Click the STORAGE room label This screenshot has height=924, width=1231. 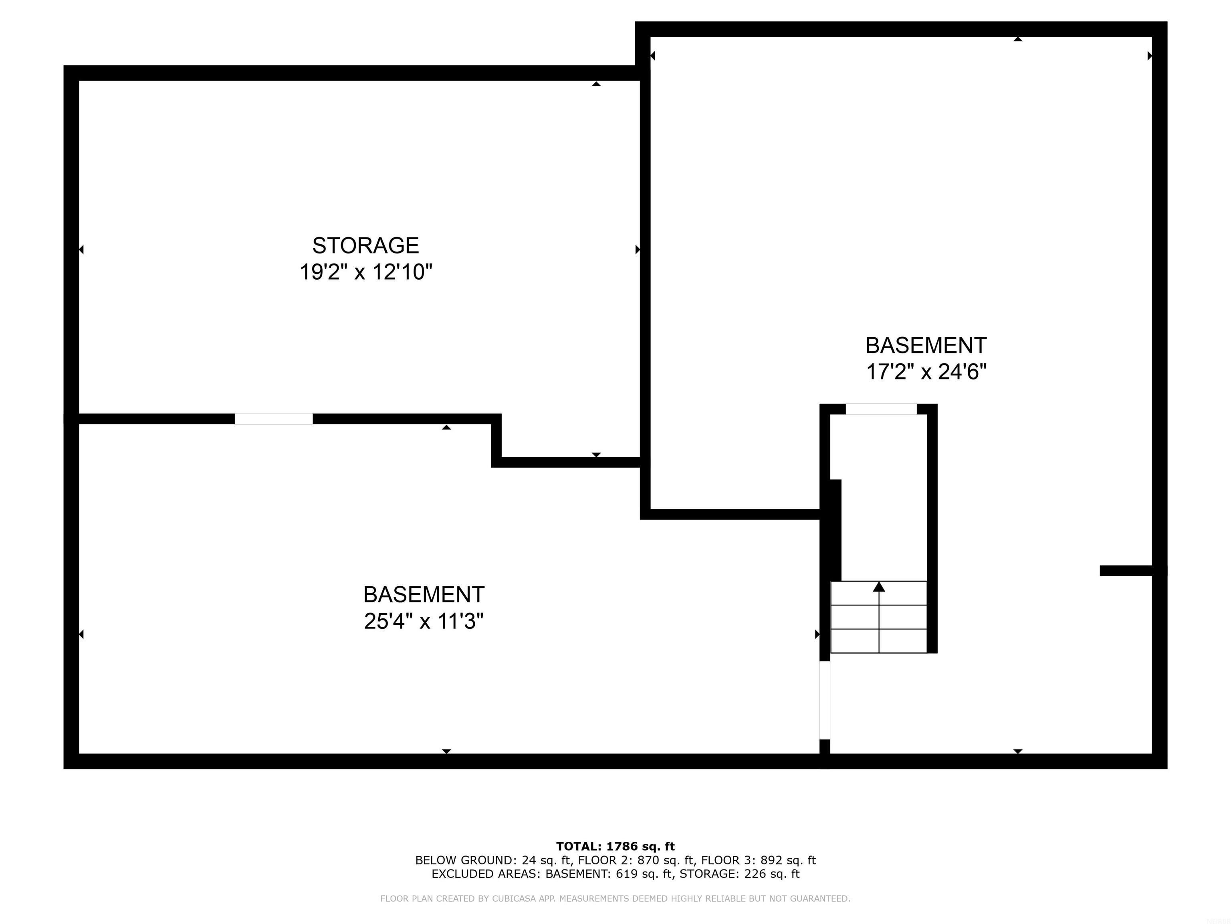(x=365, y=245)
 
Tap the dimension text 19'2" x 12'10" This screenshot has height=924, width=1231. (x=365, y=272)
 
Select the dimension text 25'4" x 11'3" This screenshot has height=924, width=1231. (x=424, y=621)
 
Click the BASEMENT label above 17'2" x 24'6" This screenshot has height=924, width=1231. (x=926, y=345)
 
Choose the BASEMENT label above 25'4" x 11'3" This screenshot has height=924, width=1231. (x=424, y=594)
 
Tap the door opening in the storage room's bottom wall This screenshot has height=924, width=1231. (x=273, y=419)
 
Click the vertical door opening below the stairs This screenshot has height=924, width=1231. (x=825, y=700)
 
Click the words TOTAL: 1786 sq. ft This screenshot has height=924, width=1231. (x=615, y=847)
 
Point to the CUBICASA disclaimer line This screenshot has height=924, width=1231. (x=615, y=898)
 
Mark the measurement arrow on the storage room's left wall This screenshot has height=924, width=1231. (x=81, y=249)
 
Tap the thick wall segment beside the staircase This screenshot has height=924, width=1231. (x=835, y=529)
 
